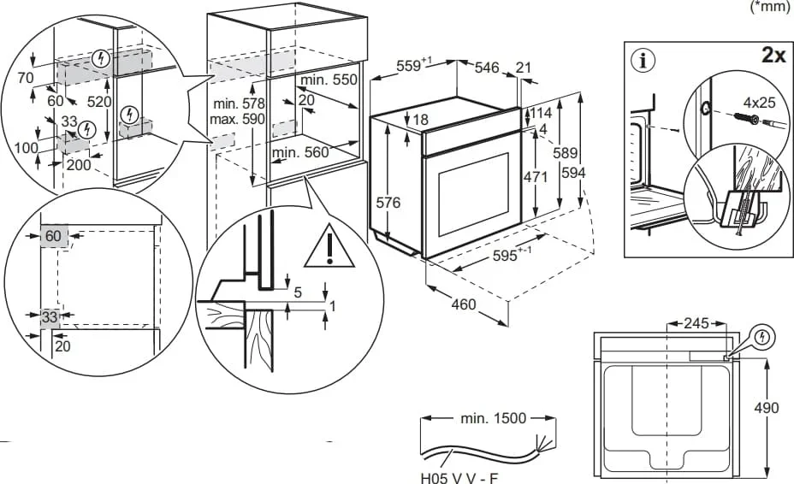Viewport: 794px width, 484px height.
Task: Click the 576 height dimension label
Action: [x=389, y=203]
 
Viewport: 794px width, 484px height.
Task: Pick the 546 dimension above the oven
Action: [x=488, y=66]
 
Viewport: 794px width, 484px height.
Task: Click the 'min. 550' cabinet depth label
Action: [x=328, y=80]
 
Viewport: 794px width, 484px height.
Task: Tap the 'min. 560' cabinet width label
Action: [x=300, y=153]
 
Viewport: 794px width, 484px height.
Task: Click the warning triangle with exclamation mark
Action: [x=328, y=245]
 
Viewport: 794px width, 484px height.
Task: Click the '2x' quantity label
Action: [x=773, y=56]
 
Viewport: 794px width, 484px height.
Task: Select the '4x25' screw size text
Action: [x=760, y=103]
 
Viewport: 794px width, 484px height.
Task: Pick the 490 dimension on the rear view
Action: [x=767, y=408]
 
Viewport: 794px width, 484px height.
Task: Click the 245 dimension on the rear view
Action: [x=698, y=323]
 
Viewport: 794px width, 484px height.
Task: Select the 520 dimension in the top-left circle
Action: [x=98, y=102]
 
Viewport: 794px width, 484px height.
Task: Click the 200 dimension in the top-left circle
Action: [x=78, y=164]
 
